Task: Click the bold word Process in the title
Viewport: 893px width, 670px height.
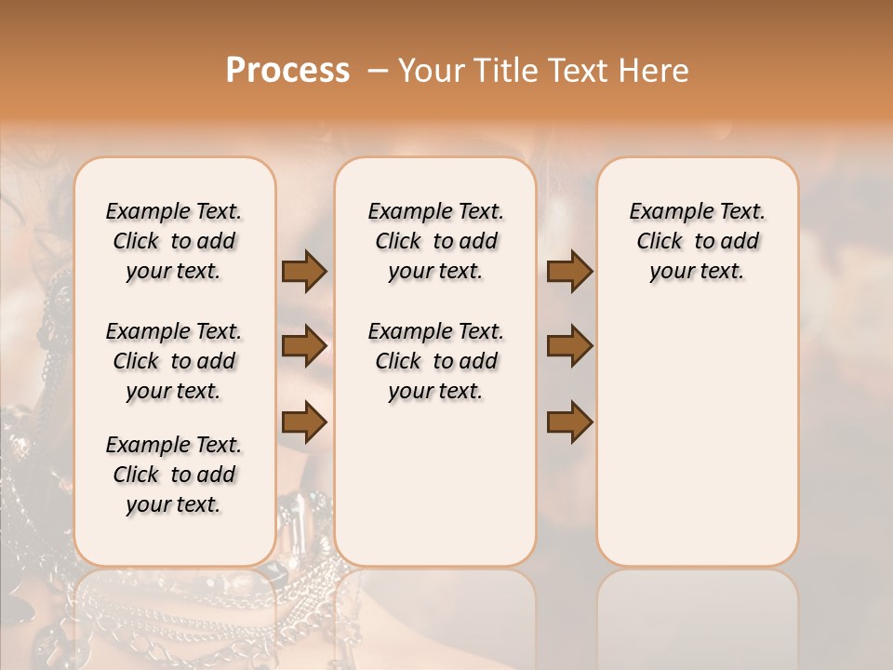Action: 287,71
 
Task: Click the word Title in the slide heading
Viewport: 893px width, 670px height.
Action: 502,71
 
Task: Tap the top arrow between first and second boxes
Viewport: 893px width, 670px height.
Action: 304,271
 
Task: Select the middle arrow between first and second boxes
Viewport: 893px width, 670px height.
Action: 304,346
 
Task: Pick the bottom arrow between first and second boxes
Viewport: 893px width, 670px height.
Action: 304,422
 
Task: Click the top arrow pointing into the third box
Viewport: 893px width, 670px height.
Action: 569,271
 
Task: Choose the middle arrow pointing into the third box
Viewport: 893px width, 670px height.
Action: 569,346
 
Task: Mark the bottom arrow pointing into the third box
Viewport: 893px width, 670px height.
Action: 569,422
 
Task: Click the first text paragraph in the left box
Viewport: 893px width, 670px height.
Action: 174,241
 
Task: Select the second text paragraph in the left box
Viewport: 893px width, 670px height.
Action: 174,361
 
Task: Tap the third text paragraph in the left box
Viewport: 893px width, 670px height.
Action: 174,475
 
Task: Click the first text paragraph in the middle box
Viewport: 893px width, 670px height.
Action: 435,241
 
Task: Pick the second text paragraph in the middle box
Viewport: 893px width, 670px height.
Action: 435,361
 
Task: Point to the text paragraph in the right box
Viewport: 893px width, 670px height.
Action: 697,241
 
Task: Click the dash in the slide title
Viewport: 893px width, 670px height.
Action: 378,72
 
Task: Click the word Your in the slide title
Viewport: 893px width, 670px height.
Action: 431,71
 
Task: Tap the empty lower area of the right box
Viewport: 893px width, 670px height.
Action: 697,447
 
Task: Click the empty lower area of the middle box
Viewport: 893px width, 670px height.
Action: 435,484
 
